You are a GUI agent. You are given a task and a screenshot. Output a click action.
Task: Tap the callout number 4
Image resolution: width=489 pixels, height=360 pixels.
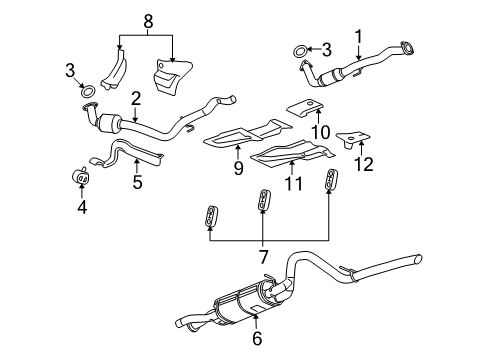(82, 208)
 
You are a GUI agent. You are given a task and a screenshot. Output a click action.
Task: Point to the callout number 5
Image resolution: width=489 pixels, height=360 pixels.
(139, 183)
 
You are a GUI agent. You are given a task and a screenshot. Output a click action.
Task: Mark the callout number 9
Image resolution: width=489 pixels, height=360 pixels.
(239, 169)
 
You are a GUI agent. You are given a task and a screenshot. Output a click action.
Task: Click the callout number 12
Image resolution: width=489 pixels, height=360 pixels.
(368, 163)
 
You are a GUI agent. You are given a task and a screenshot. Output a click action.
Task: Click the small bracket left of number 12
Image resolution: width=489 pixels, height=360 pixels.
(349, 137)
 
